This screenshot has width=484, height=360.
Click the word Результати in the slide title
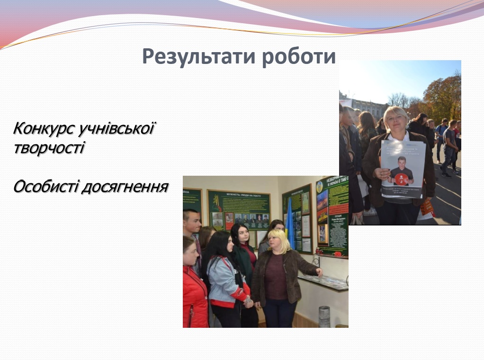195,57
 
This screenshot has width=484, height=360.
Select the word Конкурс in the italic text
43,128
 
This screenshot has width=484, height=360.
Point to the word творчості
49,148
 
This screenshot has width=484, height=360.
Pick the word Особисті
45,187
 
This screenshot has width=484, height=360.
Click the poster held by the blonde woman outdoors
403,169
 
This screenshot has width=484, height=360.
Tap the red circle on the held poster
402,179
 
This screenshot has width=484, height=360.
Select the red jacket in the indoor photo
194,298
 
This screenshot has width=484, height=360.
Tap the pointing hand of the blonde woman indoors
320,271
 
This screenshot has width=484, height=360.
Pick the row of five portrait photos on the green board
251,218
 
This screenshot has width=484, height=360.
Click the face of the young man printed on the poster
402,162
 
